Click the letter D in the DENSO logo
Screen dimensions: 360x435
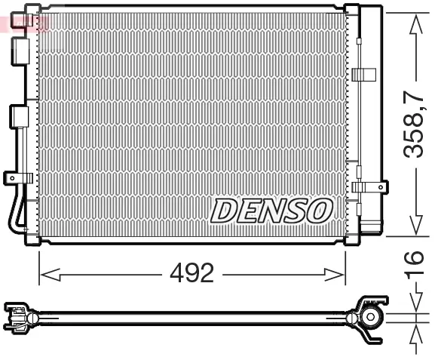(x=224, y=211)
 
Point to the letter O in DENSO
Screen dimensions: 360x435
(x=318, y=211)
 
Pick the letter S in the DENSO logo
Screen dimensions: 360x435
(x=293, y=211)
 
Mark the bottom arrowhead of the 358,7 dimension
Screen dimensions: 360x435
(x=413, y=226)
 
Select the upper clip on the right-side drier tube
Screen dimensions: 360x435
(x=363, y=74)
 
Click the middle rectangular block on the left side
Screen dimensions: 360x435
(x=19, y=116)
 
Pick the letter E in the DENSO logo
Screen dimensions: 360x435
(x=247, y=211)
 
